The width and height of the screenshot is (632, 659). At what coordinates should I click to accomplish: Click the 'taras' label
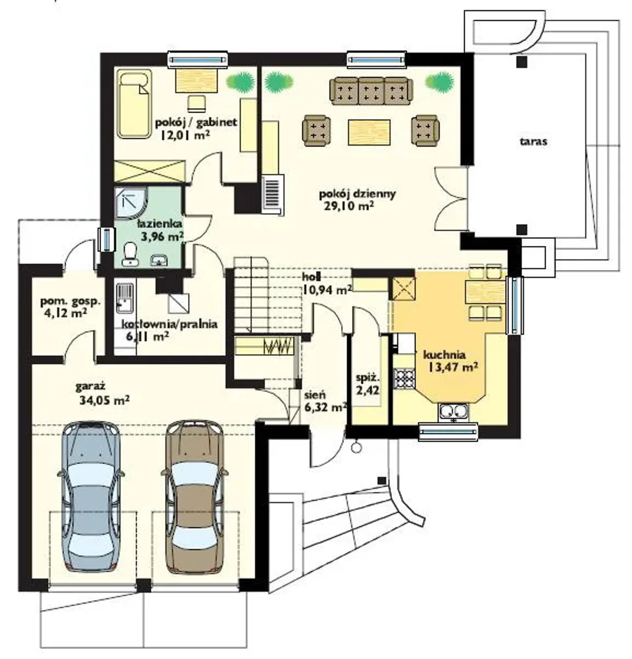coord(533,141)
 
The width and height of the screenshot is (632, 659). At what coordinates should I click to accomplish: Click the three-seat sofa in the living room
coord(371,91)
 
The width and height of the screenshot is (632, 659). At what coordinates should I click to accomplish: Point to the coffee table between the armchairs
coord(369,132)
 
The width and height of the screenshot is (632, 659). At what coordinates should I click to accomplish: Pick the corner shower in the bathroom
coord(131,202)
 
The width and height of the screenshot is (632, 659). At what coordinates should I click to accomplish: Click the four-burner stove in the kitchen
coord(404,379)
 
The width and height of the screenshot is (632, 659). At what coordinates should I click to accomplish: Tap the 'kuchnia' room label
coord(444,354)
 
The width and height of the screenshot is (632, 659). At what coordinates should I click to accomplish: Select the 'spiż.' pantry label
coord(367,378)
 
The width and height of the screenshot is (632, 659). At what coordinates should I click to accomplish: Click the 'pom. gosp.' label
coord(71,301)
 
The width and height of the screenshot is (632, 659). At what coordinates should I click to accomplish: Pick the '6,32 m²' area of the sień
coord(326,407)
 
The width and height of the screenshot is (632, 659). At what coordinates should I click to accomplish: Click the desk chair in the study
coord(197,103)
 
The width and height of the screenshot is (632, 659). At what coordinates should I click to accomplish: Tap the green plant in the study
coord(240,81)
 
